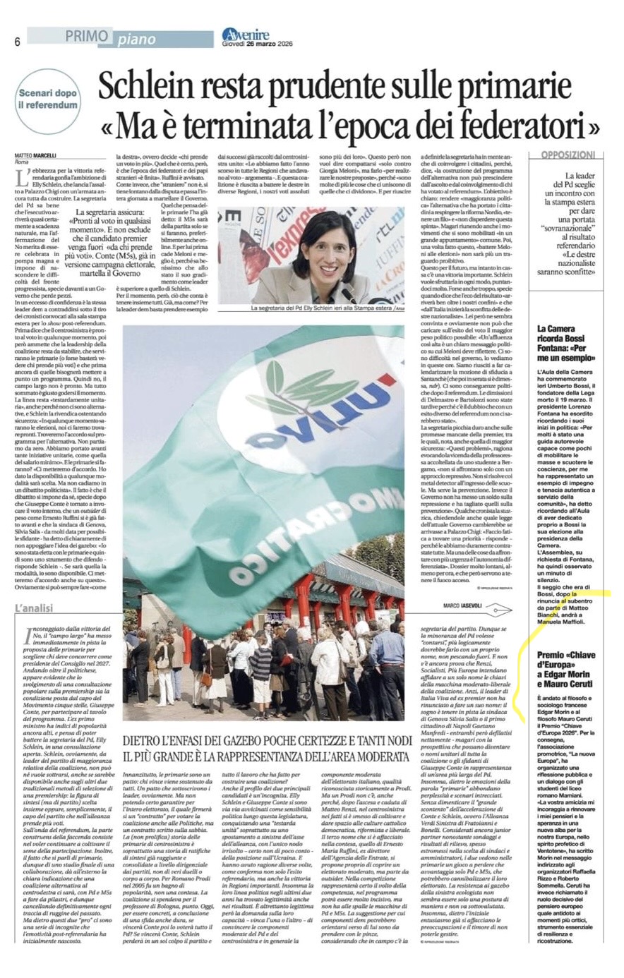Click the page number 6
click(16, 41)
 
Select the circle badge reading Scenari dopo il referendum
click(48, 100)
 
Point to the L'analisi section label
click(34, 608)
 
